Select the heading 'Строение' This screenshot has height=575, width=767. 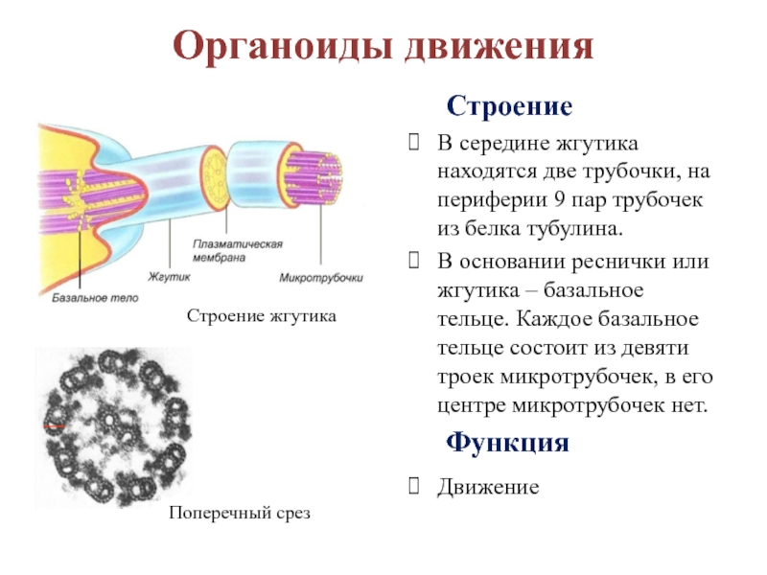509,105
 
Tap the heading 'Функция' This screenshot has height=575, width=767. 507,444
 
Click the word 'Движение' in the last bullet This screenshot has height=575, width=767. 489,487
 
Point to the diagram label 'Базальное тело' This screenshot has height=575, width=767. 95,298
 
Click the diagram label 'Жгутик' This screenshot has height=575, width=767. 171,278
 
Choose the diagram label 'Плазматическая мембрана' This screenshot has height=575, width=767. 237,250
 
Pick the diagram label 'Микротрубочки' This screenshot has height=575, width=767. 321,278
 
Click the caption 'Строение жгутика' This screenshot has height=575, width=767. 261,315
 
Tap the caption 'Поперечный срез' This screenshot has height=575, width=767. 241,513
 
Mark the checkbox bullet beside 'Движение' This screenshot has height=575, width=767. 413,487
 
